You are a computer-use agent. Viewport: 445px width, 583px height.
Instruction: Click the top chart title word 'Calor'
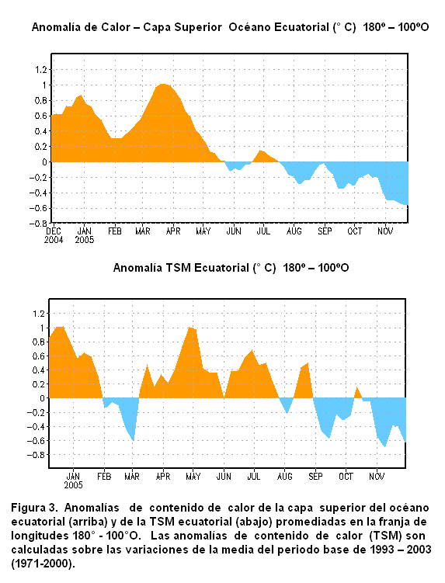pos(117,27)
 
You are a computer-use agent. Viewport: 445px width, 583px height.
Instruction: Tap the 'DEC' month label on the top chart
pos(54,231)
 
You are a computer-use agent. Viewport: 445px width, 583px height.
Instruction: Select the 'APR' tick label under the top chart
pos(173,231)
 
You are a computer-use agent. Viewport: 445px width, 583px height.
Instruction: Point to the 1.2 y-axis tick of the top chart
pos(41,70)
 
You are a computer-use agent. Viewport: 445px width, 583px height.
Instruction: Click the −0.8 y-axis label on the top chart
pos(39,224)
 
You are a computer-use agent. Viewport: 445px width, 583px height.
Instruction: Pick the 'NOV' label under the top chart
pos(385,231)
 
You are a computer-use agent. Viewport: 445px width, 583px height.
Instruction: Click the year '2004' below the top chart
pos(54,240)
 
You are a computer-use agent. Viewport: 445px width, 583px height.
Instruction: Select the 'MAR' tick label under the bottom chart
pos(132,477)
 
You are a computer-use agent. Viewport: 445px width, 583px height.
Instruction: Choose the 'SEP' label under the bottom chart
pos(315,477)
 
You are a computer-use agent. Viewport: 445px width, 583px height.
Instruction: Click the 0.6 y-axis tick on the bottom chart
pos(39,356)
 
